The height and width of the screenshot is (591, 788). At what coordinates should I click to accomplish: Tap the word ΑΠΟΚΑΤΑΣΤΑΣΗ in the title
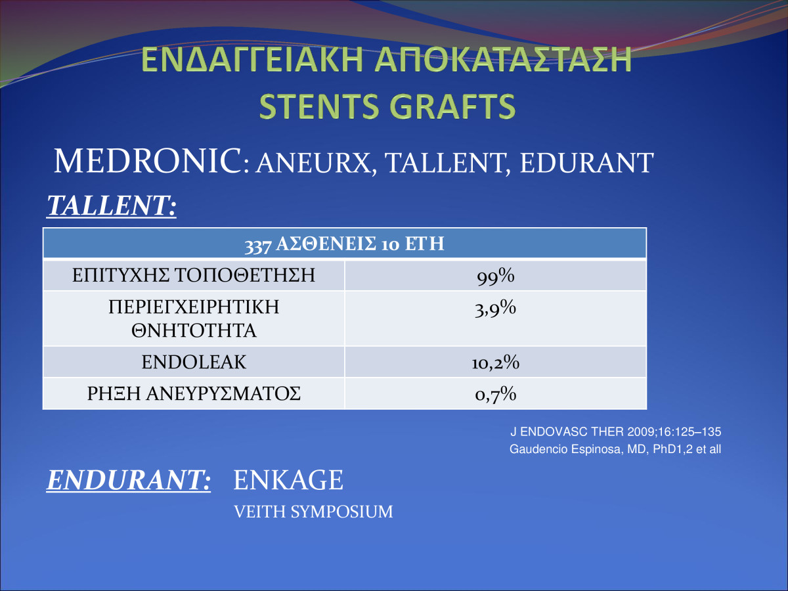point(503,59)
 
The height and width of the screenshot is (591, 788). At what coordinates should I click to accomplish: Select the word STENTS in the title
point(318,106)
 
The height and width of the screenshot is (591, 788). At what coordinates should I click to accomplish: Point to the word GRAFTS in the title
point(452,106)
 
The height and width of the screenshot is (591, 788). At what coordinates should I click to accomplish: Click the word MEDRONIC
point(148,161)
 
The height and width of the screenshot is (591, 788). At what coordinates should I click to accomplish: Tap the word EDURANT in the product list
point(586,164)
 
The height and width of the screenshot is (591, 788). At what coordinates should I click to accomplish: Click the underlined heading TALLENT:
point(111,206)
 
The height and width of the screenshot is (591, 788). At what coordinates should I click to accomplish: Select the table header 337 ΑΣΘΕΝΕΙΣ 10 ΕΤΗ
point(344,244)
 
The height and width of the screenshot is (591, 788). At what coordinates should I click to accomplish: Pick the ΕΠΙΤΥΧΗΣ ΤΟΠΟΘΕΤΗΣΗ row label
point(194,275)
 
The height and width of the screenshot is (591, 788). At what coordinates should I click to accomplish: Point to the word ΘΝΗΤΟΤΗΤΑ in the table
point(194,330)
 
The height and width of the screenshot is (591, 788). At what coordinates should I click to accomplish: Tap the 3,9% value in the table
point(495,308)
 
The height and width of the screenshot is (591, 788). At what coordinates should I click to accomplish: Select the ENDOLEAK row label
point(194,362)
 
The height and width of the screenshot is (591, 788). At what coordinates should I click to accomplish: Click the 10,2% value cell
point(495,362)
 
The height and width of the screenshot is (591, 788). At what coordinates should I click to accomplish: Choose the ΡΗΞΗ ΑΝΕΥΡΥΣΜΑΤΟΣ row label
point(194,393)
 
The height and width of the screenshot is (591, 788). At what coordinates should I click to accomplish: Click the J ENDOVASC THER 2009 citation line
point(616,431)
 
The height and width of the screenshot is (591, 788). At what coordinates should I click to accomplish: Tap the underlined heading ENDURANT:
point(129,480)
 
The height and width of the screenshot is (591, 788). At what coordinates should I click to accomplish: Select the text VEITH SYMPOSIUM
point(313,512)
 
